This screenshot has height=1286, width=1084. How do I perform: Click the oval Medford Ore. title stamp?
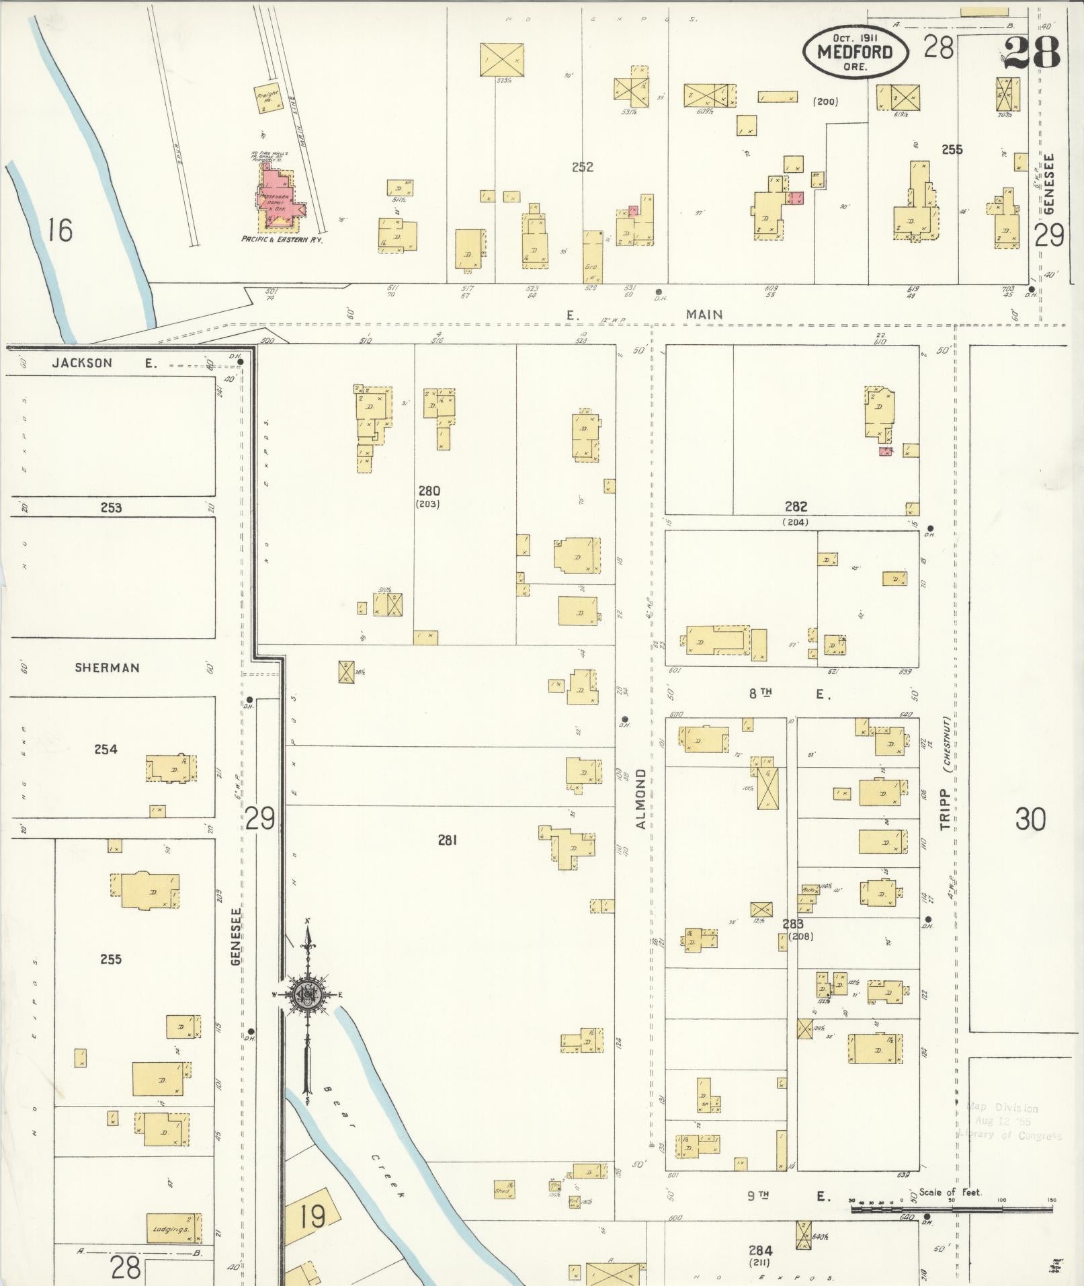click(855, 52)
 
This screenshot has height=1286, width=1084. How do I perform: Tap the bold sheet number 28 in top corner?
click(1032, 52)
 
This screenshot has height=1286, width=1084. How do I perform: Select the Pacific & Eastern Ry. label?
click(282, 239)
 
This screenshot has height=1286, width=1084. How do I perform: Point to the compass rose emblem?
click(307, 996)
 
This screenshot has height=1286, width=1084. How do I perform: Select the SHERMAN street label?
click(108, 668)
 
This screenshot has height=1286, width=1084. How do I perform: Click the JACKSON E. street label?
click(104, 363)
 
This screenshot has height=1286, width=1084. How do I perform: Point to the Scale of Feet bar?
click(950, 1209)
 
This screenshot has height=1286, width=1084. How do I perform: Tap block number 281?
click(448, 839)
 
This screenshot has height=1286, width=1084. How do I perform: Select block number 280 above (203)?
click(429, 491)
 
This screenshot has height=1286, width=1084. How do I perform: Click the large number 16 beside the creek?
click(59, 231)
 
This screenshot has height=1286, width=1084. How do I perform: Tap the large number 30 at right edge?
click(1030, 819)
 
